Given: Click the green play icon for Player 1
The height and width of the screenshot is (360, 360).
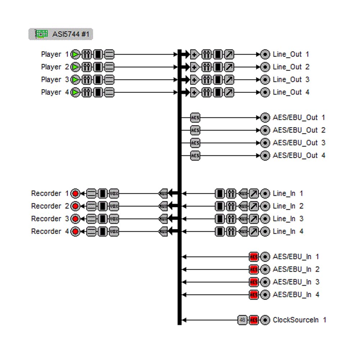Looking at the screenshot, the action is (x=75, y=54).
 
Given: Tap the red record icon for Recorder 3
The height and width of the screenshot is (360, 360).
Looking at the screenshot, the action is (x=75, y=219).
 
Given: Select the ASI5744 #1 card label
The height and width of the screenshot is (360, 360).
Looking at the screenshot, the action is (x=61, y=34).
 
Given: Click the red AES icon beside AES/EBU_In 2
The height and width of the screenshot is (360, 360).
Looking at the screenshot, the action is (x=254, y=269).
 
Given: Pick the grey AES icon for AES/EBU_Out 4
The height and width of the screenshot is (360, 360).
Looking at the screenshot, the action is (x=195, y=156).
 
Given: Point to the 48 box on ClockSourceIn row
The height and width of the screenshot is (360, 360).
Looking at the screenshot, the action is (x=242, y=320).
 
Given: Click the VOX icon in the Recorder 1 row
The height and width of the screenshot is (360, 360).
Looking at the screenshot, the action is (x=114, y=194).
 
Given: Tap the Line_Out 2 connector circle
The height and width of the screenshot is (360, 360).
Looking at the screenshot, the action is (x=265, y=67).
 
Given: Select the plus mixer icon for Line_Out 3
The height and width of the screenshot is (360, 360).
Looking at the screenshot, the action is (x=195, y=80).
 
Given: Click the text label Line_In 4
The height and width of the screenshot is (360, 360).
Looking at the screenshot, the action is (x=288, y=231).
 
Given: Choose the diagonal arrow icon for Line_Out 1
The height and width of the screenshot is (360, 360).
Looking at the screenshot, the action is (x=229, y=54).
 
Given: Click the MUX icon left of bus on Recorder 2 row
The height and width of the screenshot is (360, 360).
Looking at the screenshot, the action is (x=163, y=206).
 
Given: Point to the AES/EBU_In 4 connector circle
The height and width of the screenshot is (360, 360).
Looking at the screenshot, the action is (x=265, y=294).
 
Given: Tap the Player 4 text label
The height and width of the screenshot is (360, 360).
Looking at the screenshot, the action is (x=55, y=92).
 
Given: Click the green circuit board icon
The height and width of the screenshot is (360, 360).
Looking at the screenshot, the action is (x=41, y=34).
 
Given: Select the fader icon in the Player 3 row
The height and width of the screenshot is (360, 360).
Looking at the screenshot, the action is (x=87, y=80).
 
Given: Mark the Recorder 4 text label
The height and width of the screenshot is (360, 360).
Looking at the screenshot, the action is (x=50, y=231).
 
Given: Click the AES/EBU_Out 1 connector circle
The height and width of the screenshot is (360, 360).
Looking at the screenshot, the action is (x=265, y=118).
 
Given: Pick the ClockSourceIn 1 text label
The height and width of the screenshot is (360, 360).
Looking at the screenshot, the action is (x=300, y=320).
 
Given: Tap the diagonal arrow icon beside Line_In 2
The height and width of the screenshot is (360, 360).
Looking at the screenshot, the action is (x=254, y=206).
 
